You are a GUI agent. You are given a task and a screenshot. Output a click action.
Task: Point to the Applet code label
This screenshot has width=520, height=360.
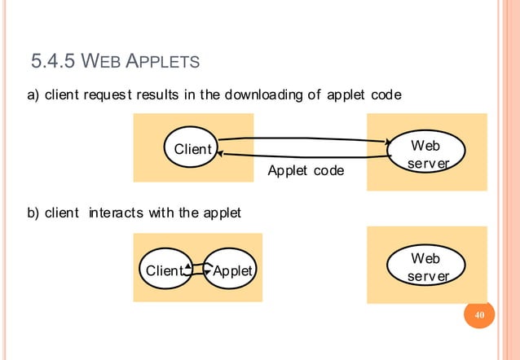(x=306, y=172)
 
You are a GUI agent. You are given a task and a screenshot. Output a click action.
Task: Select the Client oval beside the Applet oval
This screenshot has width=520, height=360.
(x=163, y=270)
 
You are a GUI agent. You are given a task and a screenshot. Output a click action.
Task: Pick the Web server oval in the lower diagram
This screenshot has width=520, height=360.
(x=425, y=266)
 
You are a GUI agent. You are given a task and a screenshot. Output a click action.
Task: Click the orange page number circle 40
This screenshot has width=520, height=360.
(x=479, y=316)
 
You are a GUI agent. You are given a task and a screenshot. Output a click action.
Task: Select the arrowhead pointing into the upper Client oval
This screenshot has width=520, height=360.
(x=222, y=153)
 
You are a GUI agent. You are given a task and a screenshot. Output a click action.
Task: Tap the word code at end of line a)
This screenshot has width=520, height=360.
(x=385, y=96)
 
